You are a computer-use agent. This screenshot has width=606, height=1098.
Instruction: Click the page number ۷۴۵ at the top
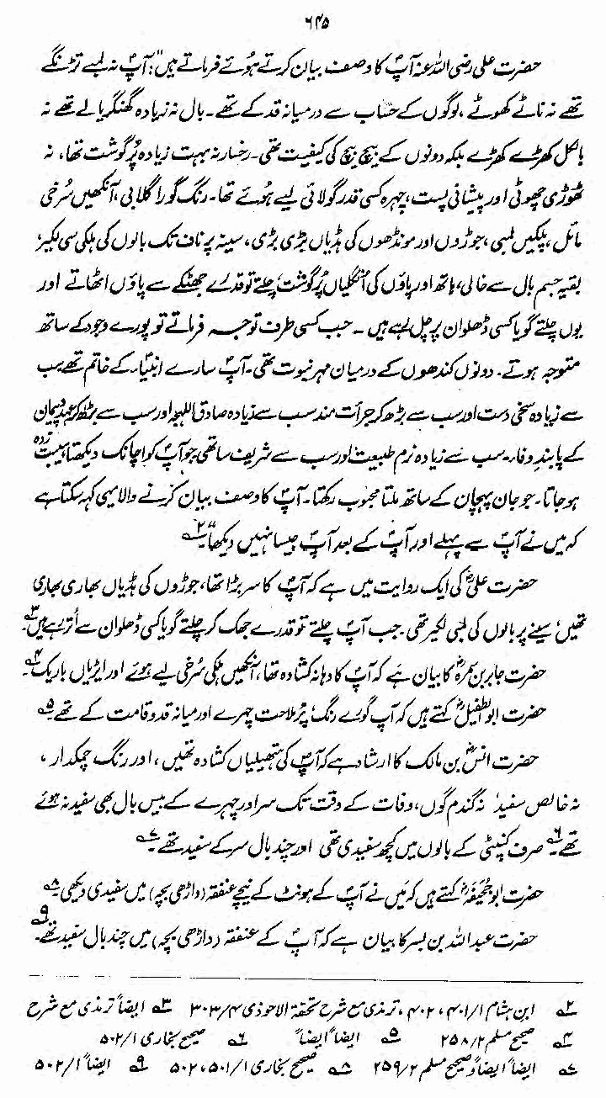[306, 13]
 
